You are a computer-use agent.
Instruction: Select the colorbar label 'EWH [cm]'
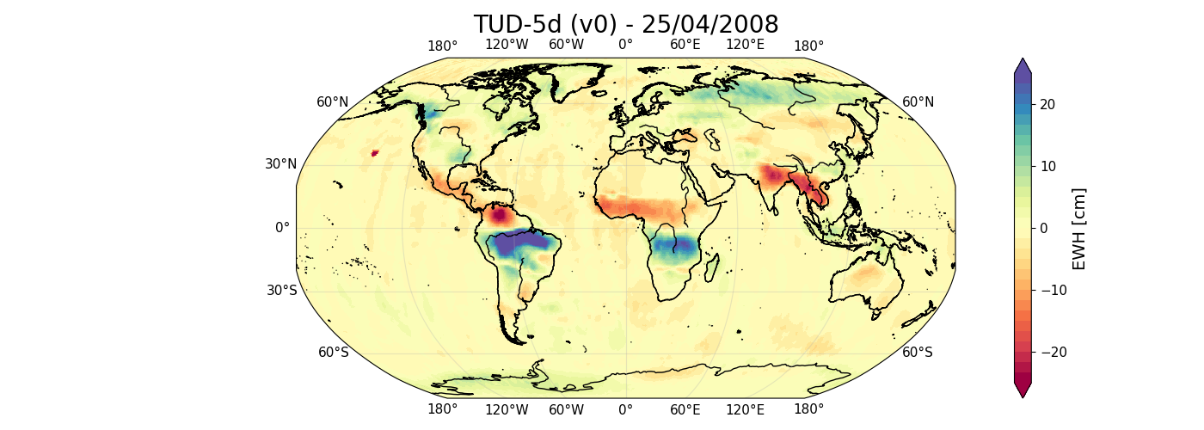tap(1079, 228)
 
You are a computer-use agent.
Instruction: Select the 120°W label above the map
tap(507, 45)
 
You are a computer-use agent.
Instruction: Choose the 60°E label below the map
tap(685, 409)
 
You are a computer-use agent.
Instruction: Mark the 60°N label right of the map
tap(918, 102)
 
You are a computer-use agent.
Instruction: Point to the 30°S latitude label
tap(281, 290)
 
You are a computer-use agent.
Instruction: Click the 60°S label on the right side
tap(917, 352)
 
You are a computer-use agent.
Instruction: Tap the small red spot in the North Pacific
tap(374, 153)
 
